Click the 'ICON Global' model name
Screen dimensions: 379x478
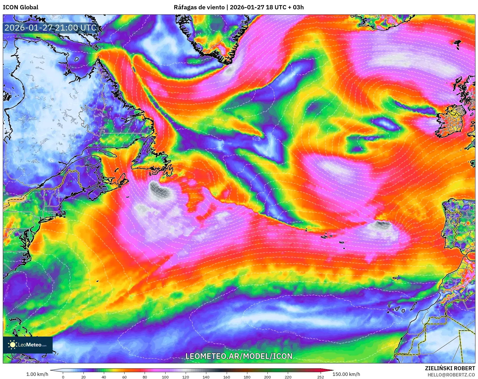[x=20, y=7]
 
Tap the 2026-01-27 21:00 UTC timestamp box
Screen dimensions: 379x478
[x=50, y=28]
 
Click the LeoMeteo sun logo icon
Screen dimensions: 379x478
[x=12, y=344]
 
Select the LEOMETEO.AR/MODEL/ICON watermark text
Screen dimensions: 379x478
[x=239, y=356]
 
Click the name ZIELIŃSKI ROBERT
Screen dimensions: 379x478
[x=450, y=368]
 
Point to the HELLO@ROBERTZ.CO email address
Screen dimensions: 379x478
[x=451, y=375]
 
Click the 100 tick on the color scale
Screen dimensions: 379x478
[x=165, y=377]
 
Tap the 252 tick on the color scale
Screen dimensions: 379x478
[x=321, y=377]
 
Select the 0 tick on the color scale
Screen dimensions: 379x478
[x=63, y=377]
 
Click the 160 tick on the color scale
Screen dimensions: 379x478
[x=226, y=377]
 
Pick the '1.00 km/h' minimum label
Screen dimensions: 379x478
[x=37, y=374]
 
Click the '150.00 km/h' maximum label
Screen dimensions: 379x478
[x=346, y=374]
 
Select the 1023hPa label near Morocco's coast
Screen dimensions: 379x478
[x=290, y=332]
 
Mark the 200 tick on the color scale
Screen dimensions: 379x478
[x=267, y=377]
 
